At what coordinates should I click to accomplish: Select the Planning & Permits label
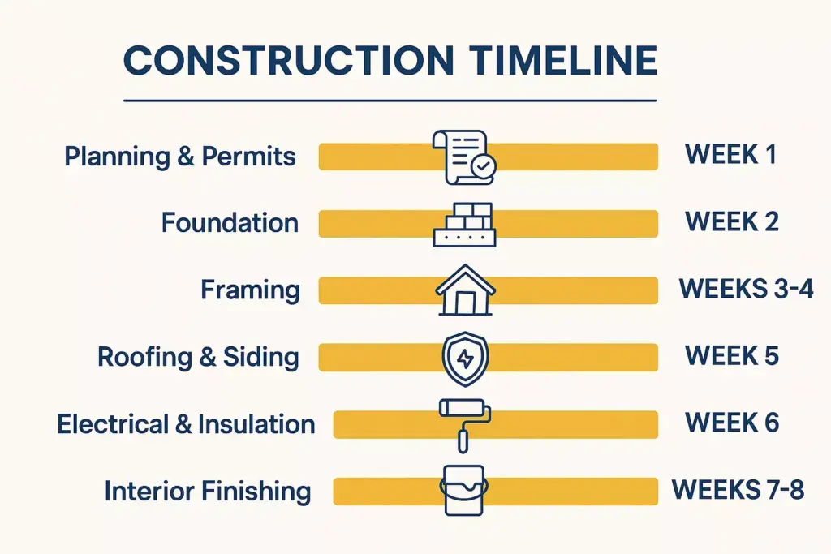pos(180,156)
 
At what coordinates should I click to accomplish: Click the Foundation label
pos(230,222)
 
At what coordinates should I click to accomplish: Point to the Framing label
pos(251,290)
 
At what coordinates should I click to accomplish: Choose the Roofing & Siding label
pos(198,357)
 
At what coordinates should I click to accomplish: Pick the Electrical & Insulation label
pos(186,423)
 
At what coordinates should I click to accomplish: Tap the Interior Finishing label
pos(208,491)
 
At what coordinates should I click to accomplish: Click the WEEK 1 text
pos(730,154)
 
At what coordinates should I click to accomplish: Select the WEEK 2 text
pos(732,221)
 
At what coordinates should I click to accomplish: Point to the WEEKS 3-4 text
pos(745,288)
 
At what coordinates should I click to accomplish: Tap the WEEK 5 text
pos(732,355)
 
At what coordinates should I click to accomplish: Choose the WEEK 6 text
pos(732,423)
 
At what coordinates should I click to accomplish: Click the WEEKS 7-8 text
pos(738,490)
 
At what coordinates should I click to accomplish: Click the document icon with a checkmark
pos(463,157)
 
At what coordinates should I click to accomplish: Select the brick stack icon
pos(463,224)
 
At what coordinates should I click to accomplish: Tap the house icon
pos(465,290)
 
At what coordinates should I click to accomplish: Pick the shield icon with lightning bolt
pos(465,358)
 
